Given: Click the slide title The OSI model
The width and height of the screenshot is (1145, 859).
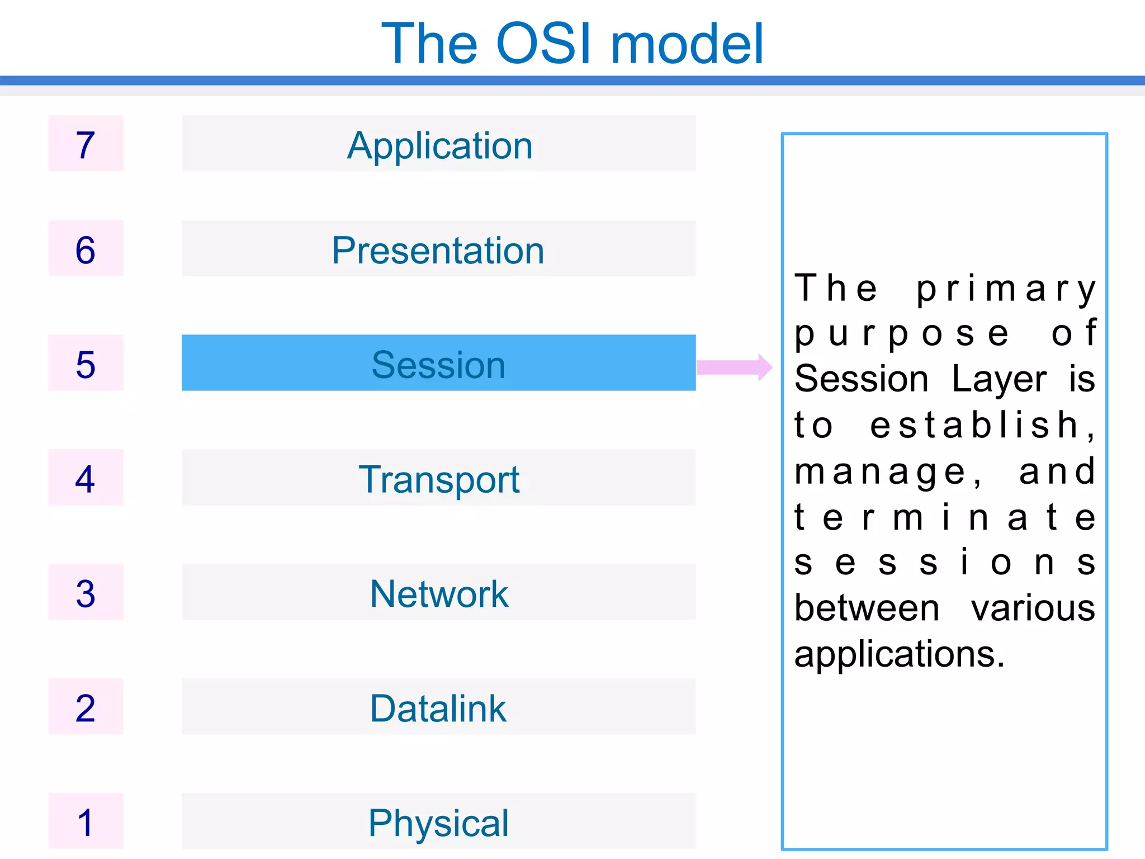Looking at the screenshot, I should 572,44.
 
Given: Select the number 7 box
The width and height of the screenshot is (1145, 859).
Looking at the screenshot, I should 86,144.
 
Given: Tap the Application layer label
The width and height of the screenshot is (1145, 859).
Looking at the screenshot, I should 439,145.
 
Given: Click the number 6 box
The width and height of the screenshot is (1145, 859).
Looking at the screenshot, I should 86,248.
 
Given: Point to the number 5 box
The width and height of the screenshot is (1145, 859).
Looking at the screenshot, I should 86,363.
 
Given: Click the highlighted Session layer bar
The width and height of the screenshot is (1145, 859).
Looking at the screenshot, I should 438,363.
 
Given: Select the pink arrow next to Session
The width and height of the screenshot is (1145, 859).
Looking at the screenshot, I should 734,367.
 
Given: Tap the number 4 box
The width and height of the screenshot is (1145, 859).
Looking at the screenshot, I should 86,478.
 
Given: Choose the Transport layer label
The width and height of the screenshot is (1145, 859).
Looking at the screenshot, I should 439,479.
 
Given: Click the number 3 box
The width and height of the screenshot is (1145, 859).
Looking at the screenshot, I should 86,592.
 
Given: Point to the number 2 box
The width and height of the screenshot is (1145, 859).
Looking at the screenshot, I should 86,707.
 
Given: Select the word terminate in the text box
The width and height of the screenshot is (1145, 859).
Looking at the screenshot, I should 945,517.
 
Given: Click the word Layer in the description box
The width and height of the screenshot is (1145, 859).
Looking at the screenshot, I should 999,379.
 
